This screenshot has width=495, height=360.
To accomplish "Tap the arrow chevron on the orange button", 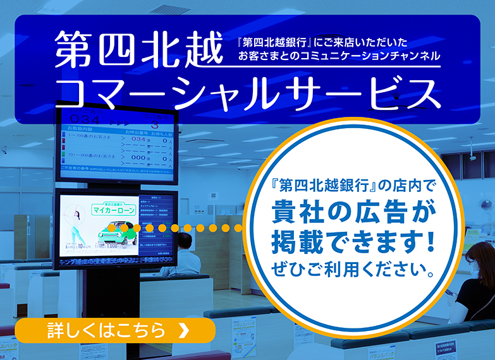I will point(184,330).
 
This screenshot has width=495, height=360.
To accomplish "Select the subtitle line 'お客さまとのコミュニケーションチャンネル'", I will point(339,56).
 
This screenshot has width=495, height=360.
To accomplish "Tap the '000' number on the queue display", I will point(138,158).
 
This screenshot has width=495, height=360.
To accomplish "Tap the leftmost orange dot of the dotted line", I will point(111,228).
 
